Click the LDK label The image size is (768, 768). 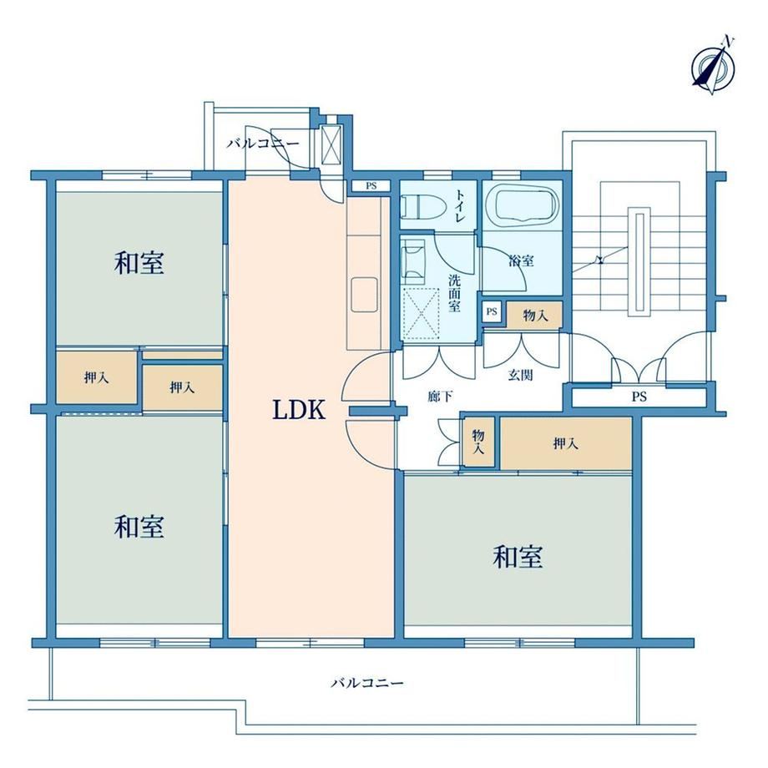(299, 410)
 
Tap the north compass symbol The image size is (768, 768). (713, 67)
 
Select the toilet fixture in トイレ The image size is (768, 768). (422, 207)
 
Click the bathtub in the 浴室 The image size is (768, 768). (527, 206)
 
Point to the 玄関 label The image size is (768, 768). (520, 375)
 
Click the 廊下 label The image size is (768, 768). (440, 397)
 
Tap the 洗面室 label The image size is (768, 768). (454, 293)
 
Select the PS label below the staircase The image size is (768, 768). (639, 397)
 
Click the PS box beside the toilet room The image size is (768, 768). (371, 186)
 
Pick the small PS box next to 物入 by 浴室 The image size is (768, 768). (492, 311)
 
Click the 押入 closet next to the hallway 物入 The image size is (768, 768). (566, 443)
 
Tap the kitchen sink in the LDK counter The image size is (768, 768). (365, 295)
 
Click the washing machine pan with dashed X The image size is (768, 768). (421, 312)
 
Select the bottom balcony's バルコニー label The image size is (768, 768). (366, 683)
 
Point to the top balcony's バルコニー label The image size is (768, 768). (262, 144)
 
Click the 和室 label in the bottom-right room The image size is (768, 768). (518, 557)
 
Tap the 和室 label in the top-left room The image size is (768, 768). (139, 262)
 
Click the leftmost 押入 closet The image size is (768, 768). (97, 377)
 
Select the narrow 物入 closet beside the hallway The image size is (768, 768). (478, 442)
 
